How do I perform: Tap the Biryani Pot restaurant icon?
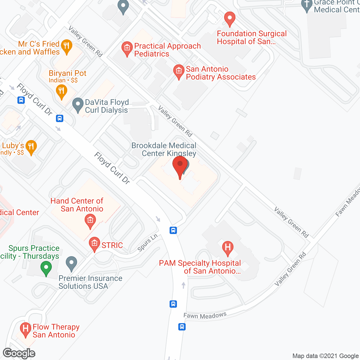(x=61, y=91)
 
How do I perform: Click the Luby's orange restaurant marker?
(x=31, y=147)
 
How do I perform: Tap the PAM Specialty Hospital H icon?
(x=228, y=248)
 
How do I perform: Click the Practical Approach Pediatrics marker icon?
(x=127, y=48)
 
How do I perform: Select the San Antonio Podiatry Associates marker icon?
(x=179, y=71)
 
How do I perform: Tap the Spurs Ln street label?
(x=147, y=243)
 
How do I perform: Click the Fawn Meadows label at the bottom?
(x=205, y=316)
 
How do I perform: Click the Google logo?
(x=19, y=353)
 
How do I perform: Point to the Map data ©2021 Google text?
(x=326, y=356)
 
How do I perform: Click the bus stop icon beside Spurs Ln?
(x=173, y=230)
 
